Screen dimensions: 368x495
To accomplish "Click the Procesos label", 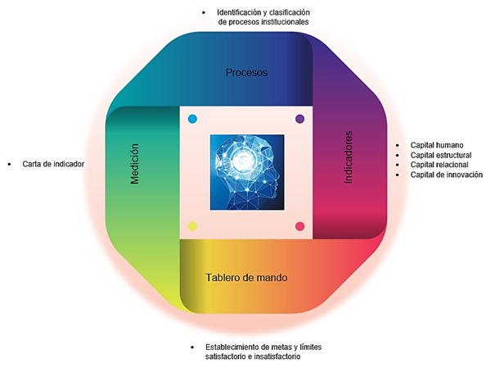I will [x=246, y=72].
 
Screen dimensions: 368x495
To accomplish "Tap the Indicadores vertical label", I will [x=349, y=156].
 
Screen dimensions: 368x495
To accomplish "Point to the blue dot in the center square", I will [x=192, y=119].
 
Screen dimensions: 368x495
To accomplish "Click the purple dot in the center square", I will [x=299, y=119].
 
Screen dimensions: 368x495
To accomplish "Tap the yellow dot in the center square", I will [x=193, y=226].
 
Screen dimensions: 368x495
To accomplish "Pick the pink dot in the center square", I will [x=299, y=226].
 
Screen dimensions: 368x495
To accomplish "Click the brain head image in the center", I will [x=245, y=171].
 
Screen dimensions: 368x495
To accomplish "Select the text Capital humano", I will [x=438, y=144].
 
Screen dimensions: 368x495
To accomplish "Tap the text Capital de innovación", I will [x=447, y=175].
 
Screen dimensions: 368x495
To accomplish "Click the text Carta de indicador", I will [x=54, y=164].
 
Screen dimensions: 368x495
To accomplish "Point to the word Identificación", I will [x=242, y=12].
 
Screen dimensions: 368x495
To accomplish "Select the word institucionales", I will [x=281, y=22].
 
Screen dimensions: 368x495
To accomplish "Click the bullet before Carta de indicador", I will [x=12, y=164].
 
